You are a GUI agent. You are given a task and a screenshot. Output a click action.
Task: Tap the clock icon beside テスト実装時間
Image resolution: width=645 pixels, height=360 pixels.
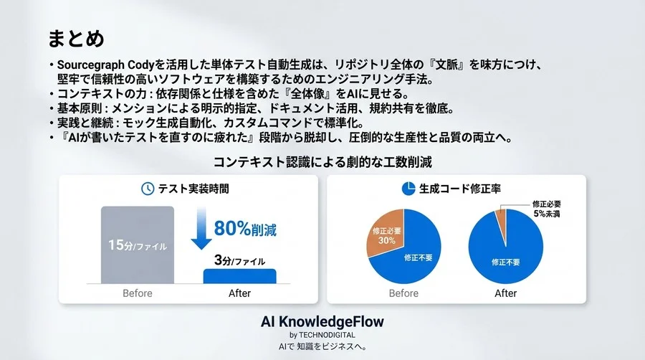coord(147,189)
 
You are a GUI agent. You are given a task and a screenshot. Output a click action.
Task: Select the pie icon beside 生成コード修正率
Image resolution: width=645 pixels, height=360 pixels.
coord(408,189)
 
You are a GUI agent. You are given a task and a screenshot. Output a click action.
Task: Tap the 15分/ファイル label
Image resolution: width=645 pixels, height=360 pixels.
coord(137,245)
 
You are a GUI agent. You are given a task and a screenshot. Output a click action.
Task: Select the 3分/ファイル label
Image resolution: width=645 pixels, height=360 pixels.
coord(239,260)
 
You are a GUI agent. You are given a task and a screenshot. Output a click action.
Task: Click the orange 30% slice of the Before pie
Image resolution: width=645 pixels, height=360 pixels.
coord(386,235)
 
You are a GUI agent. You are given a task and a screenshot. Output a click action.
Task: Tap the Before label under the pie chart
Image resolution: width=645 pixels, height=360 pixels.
coord(403,293)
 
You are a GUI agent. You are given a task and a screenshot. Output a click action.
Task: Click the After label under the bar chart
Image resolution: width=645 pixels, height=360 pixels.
coord(239,293)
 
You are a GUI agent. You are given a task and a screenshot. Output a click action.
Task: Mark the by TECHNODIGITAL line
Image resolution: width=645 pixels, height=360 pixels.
coord(322,335)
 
